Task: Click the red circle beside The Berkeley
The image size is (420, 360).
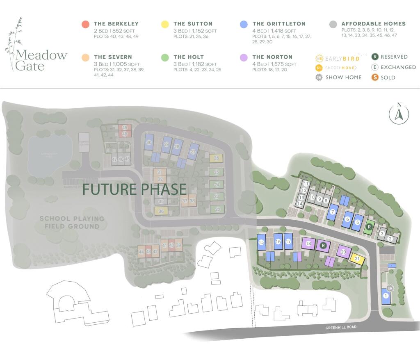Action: [85, 24]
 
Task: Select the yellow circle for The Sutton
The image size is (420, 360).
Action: [165, 24]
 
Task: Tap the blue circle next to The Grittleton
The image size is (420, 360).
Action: [244, 24]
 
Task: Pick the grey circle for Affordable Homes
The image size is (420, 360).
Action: [333, 24]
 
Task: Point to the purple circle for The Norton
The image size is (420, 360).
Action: [244, 57]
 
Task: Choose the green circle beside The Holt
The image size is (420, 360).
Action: [165, 57]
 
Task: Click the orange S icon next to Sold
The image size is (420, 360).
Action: [374, 77]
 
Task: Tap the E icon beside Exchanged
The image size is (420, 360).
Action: [374, 67]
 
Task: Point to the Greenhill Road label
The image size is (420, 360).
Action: [341, 327]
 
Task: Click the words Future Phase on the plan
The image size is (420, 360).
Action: [135, 189]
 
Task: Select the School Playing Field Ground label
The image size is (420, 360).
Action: [72, 222]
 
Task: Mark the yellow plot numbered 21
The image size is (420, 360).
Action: [357, 259]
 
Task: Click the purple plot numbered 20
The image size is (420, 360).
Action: [344, 252]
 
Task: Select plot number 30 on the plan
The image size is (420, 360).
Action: [149, 142]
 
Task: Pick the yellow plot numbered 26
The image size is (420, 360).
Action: [216, 158]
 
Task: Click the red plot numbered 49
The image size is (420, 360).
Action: [124, 128]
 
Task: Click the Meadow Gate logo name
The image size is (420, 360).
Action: [41, 60]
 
